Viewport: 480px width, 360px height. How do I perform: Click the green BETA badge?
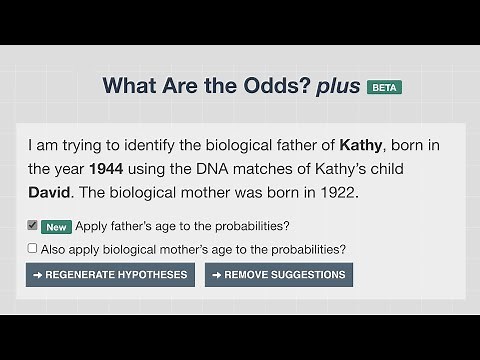(384, 87)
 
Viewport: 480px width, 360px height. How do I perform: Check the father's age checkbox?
(33, 225)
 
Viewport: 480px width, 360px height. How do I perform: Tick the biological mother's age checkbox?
(33, 248)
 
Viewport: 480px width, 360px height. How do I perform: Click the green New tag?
(56, 226)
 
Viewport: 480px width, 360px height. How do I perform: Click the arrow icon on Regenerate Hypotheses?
(38, 275)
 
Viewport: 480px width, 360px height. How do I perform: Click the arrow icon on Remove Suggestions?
(216, 275)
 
